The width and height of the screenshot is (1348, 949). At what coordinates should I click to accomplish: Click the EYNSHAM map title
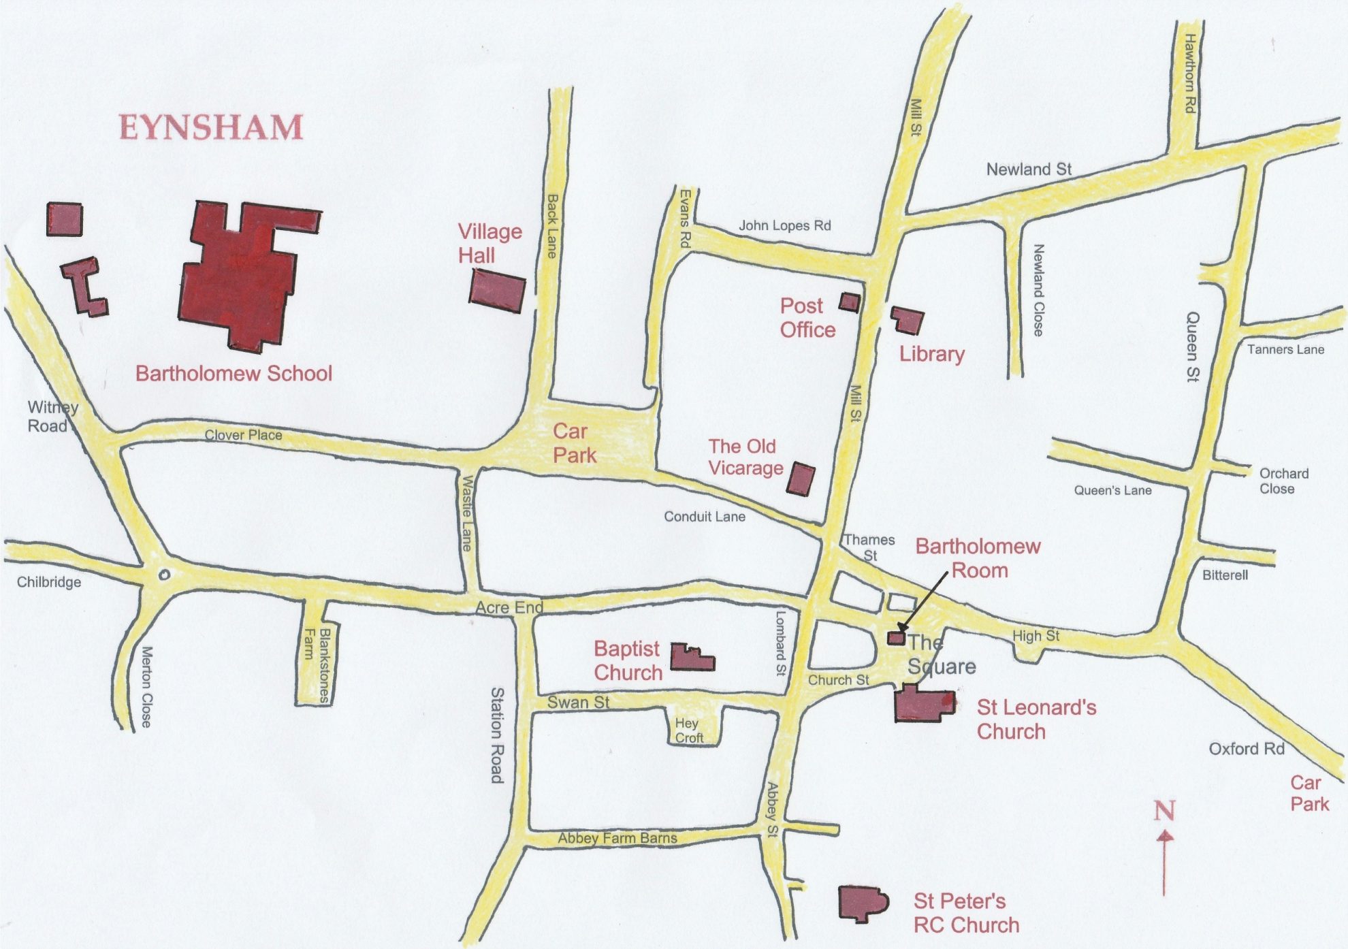coord(211,128)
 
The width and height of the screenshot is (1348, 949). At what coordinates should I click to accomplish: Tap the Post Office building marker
coord(849,302)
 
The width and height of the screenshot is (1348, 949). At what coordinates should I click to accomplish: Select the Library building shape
coord(909,320)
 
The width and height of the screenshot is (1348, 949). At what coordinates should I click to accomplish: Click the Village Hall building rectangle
coord(498,291)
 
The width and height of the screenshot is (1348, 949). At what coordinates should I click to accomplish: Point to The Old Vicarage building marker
coord(801,479)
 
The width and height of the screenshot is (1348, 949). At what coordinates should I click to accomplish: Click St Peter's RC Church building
coord(862,904)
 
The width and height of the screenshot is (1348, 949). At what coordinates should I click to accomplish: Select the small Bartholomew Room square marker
coord(896,639)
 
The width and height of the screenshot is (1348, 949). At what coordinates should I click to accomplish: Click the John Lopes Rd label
coord(784,225)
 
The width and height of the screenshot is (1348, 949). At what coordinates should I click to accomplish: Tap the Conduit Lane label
coord(704,517)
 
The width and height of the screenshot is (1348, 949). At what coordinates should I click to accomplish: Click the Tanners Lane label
coord(1285,350)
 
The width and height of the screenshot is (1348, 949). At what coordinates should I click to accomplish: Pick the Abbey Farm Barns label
coord(617,838)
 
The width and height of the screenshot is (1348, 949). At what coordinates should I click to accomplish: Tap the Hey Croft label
coord(688,730)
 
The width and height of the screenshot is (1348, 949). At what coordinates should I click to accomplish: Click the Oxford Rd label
coord(1246,749)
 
